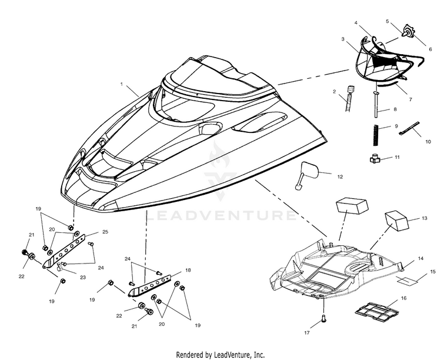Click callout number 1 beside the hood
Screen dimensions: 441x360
coord(122,84)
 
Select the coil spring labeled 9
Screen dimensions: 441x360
coord(375,135)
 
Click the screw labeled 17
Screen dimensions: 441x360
coord(323,318)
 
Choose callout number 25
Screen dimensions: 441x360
coord(105,232)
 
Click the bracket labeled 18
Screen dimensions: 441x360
coord(149,286)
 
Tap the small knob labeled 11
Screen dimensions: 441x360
coord(375,159)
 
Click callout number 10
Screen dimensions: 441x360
coord(428,142)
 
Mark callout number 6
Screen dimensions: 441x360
coord(430,49)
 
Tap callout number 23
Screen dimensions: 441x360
coord(82,277)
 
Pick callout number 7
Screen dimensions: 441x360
coord(410,99)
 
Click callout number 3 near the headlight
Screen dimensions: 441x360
coord(343,39)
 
